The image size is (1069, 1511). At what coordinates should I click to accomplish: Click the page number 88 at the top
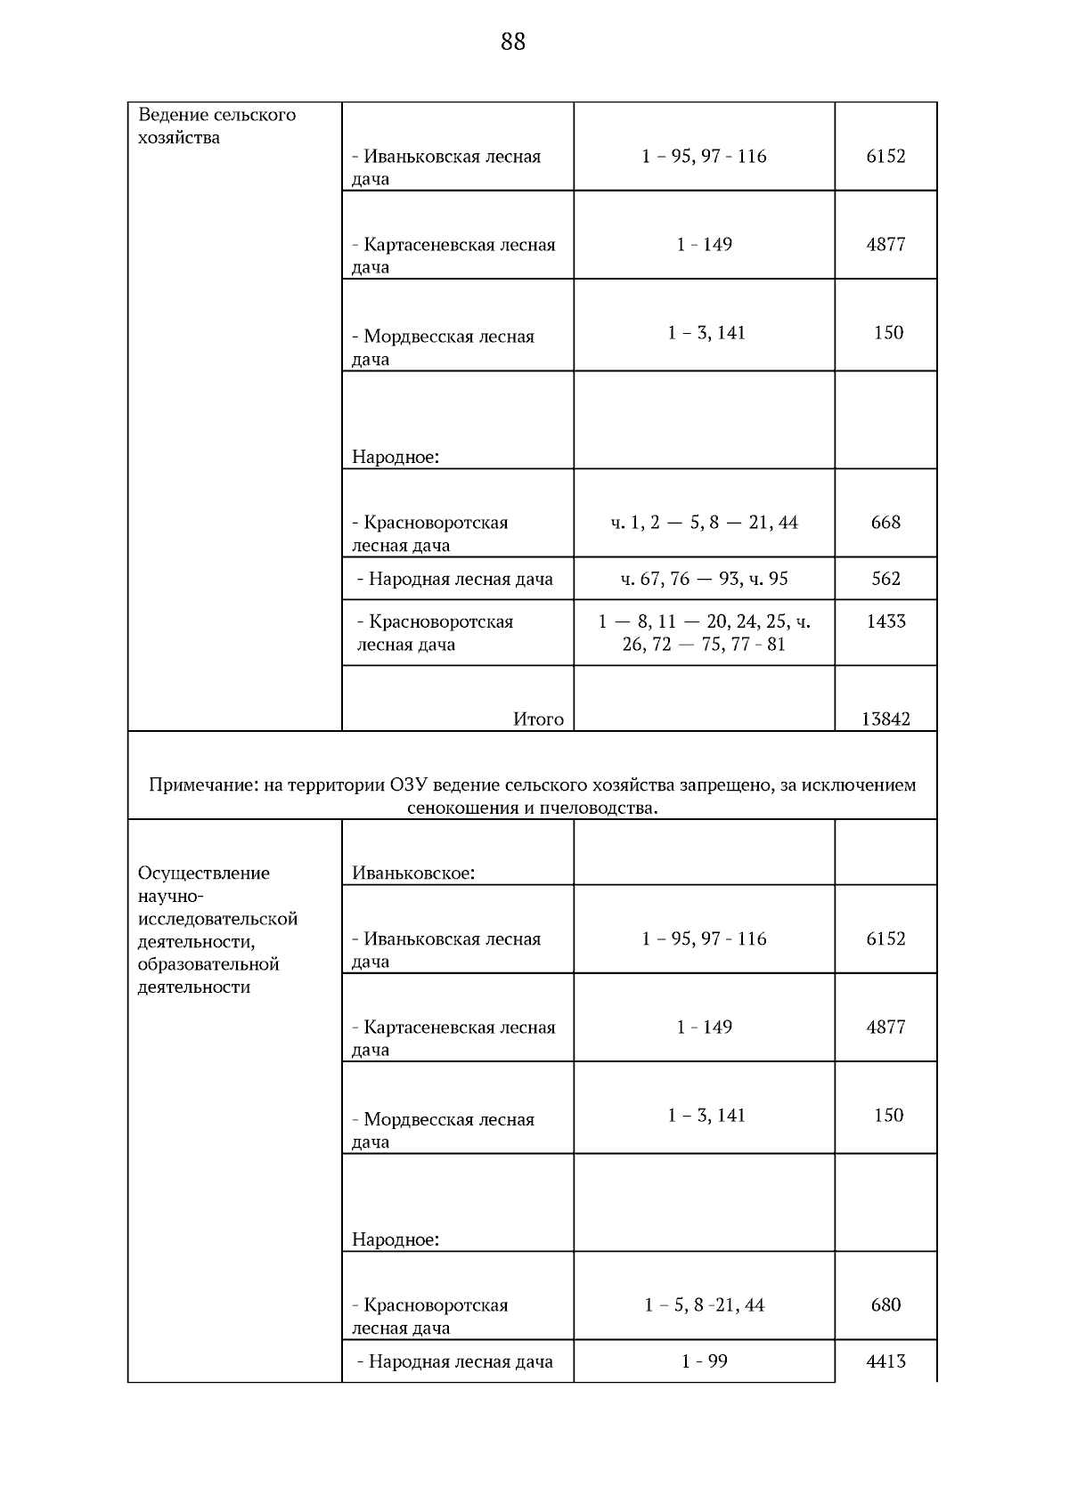[x=513, y=42]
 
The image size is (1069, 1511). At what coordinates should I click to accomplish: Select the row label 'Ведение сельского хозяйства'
[x=216, y=126]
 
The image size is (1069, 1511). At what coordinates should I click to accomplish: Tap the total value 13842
[x=885, y=719]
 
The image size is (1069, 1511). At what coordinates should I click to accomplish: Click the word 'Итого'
[x=538, y=719]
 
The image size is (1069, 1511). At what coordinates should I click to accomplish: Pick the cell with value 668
[x=885, y=522]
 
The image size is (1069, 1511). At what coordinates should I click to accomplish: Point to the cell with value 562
[x=885, y=579]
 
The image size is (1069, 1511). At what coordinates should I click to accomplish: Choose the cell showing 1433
[x=885, y=621]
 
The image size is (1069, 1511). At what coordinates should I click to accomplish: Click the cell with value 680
[x=885, y=1304]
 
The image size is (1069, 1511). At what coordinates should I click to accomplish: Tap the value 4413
[x=885, y=1361]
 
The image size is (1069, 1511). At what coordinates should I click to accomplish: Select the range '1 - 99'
[x=704, y=1361]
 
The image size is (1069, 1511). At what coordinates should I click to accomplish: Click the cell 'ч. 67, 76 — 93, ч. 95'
[x=704, y=579]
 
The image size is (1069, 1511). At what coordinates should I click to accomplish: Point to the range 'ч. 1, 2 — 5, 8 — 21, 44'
[x=704, y=522]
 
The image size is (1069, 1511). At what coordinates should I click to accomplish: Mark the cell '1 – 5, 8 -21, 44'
[x=704, y=1304]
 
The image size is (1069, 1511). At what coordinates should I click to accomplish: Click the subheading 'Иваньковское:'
[x=413, y=873]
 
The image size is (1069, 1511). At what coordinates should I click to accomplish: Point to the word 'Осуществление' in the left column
[x=204, y=873]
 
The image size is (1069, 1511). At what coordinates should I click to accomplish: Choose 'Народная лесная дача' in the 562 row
[x=460, y=579]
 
